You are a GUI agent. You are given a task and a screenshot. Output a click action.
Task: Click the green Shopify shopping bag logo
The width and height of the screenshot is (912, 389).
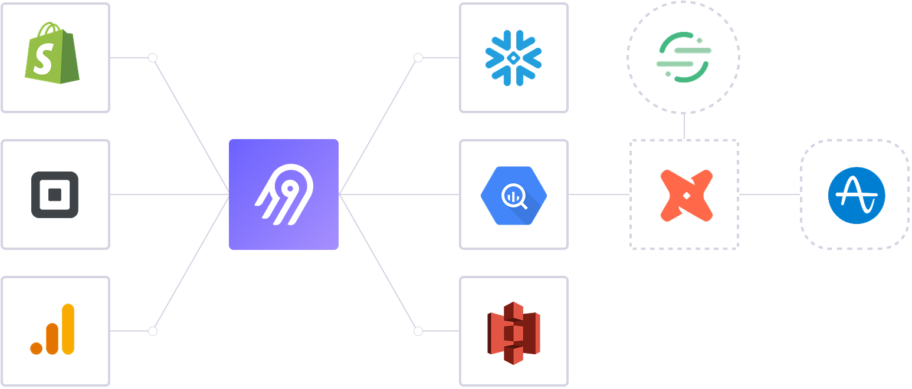point(53,54)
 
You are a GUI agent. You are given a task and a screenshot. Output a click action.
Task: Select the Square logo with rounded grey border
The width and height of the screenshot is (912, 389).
point(55,194)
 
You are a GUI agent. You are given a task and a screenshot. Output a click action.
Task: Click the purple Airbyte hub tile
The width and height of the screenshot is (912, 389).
point(284,194)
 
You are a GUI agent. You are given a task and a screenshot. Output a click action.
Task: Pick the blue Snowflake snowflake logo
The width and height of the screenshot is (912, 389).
point(513,58)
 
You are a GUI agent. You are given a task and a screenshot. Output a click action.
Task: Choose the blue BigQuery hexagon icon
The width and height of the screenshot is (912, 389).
point(513,195)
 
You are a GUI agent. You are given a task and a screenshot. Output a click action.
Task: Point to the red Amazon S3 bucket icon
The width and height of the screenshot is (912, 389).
point(513,332)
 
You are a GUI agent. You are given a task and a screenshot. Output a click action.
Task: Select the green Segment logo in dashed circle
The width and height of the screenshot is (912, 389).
point(684,57)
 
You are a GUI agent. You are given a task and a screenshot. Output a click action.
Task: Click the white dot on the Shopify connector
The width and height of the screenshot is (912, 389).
point(153,58)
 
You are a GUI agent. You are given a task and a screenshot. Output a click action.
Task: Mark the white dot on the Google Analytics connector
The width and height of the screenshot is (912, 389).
point(153,331)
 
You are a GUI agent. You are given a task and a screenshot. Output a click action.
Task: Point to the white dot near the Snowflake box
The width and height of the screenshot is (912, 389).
point(418,58)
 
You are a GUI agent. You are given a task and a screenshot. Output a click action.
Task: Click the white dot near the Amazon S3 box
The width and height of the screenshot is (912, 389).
point(418,331)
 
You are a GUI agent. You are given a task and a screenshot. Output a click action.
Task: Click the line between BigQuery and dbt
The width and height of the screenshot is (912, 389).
point(599,194)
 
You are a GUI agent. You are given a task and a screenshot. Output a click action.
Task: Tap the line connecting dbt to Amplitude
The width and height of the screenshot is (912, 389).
point(769,194)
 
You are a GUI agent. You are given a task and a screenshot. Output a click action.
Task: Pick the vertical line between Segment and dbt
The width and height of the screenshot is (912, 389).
point(684,126)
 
